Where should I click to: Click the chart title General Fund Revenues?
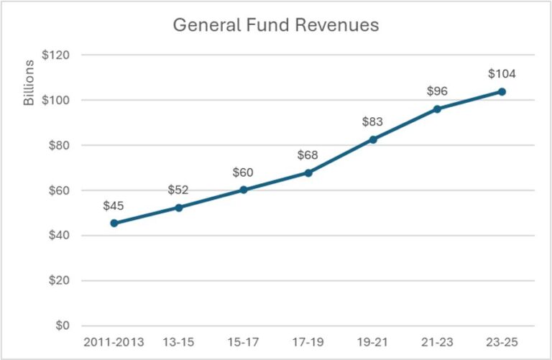click(275, 25)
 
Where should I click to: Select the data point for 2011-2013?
click(114, 223)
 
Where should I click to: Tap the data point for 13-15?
click(178, 207)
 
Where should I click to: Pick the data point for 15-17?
click(243, 190)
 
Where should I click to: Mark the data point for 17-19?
click(308, 172)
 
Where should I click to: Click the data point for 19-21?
click(372, 139)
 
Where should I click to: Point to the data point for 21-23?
click(437, 109)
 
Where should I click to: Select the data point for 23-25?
click(502, 91)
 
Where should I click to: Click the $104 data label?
click(502, 73)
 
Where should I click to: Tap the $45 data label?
click(114, 206)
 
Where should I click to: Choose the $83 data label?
click(372, 121)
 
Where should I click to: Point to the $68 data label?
click(308, 155)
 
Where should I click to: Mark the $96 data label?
click(437, 91)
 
